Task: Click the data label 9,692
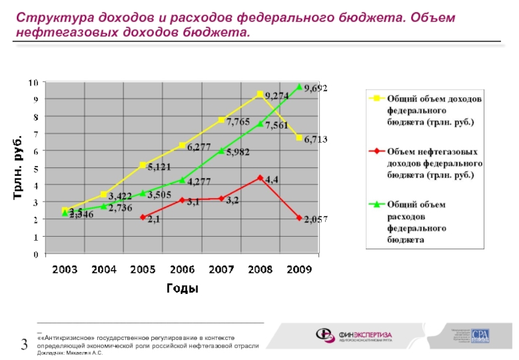(315, 87)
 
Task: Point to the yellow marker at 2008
(260, 94)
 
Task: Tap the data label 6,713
(315, 139)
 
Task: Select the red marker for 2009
(299, 218)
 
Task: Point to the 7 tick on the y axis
(36, 134)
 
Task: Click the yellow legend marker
(374, 99)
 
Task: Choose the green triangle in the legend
(374, 204)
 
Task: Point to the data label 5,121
(159, 167)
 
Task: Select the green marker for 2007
(221, 150)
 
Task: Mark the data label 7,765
(238, 121)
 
